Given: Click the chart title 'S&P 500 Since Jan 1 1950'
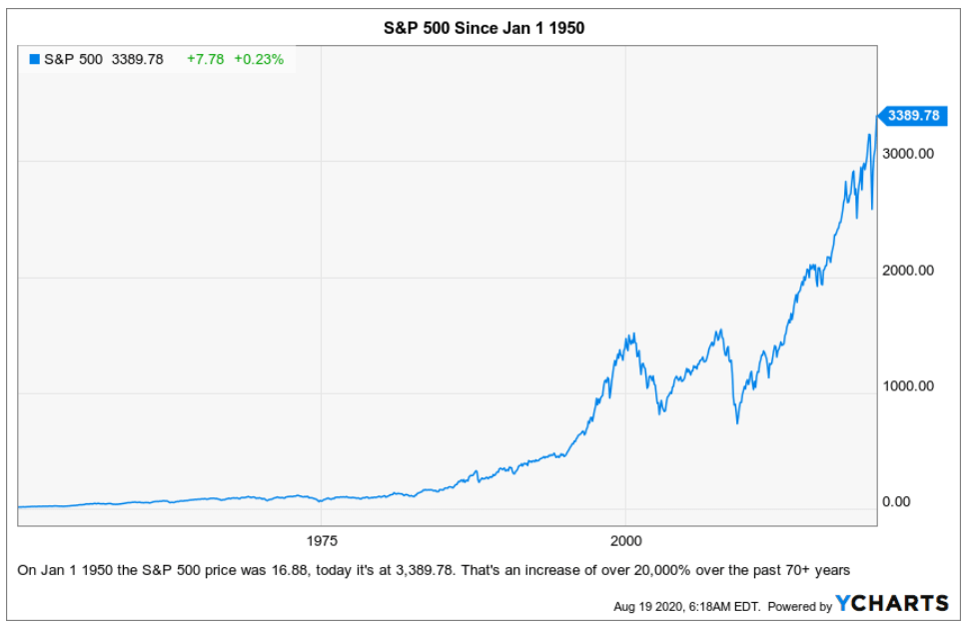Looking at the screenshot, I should pos(485,28).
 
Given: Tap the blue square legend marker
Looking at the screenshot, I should pos(34,60).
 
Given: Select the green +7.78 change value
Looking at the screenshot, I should pos(206,60).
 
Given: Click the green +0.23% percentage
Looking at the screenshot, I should pos(259,60).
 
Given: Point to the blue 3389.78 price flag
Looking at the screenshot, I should pos(911,116).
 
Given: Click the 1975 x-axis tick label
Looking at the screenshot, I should pos(322,540).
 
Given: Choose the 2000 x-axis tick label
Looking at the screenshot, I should pos(625,540).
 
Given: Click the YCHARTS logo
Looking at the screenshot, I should pos(892,603).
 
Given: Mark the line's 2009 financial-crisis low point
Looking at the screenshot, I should pos(737,423).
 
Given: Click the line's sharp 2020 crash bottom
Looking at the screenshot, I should pos(872,209).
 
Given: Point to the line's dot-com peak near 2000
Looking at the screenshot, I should pos(631,335).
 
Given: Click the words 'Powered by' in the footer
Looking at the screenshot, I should pos(800,606).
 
